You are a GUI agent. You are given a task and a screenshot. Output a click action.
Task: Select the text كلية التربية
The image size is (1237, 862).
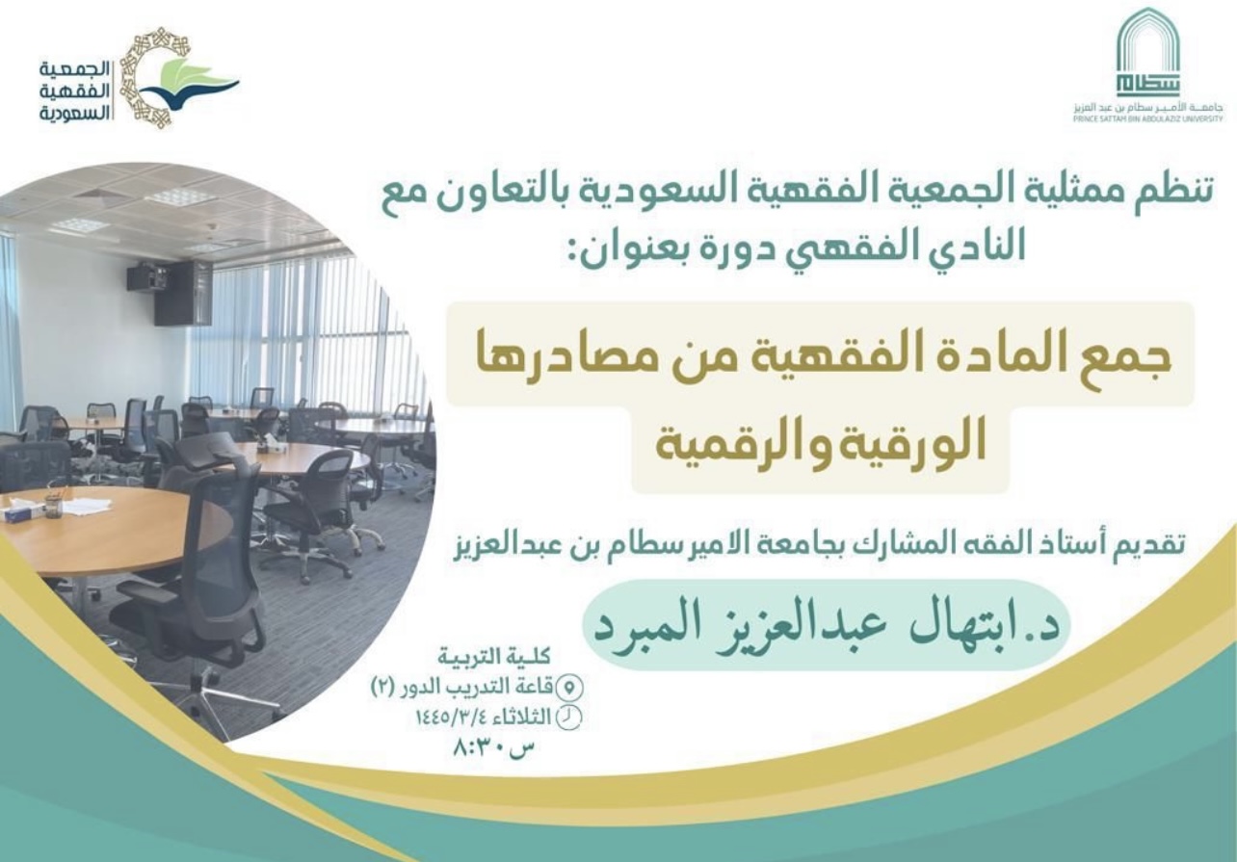[x=494, y=658]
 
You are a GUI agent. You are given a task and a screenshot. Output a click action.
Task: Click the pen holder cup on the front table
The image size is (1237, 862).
[x=53, y=506]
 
